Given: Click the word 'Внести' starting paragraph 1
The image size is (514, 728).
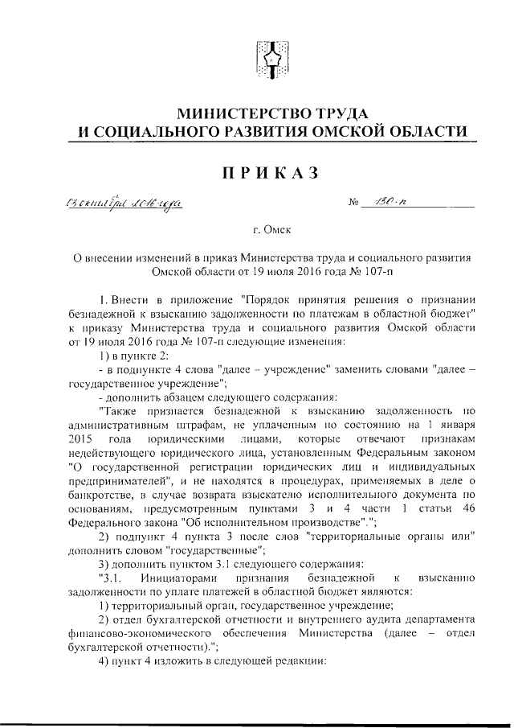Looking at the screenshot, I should (128, 299).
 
